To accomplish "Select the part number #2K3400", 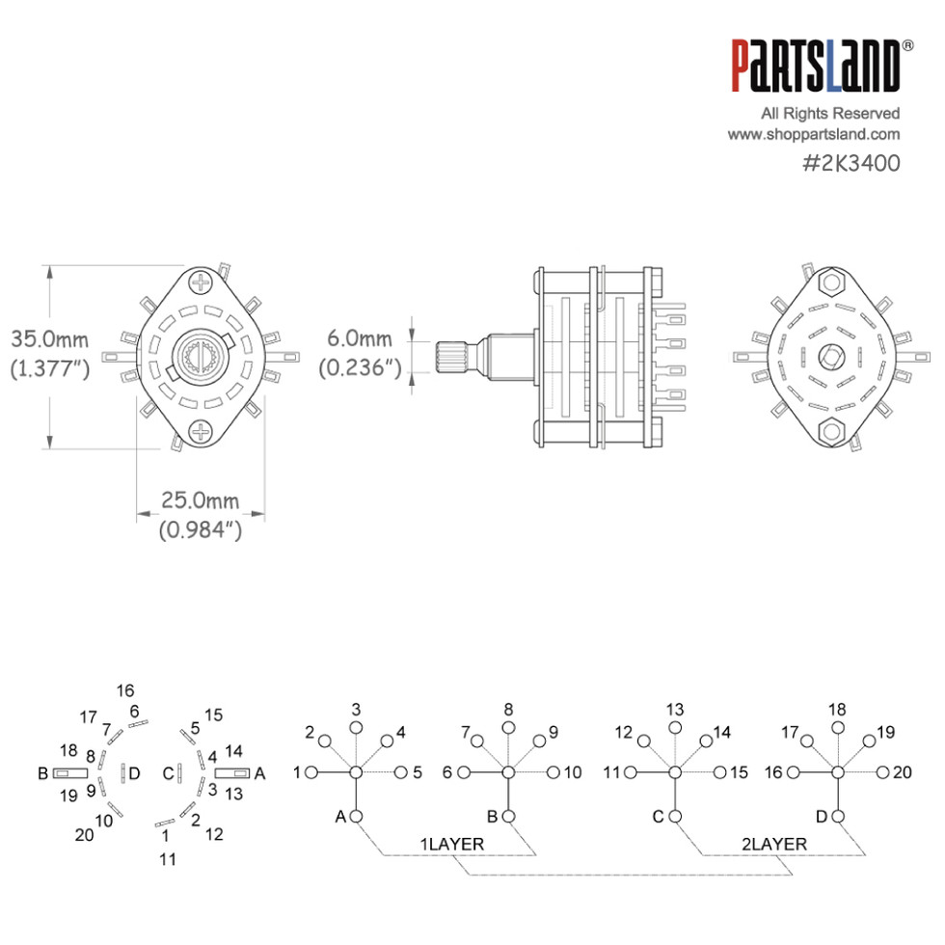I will [850, 163].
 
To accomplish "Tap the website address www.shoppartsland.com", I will [813, 135].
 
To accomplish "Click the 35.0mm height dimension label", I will [49, 339].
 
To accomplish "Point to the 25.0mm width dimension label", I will [200, 499].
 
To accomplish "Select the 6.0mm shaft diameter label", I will [360, 338].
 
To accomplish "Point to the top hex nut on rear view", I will [830, 283].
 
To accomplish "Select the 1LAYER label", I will [452, 844].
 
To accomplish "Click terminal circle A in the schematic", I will [356, 817].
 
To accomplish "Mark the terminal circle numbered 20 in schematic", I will [882, 772].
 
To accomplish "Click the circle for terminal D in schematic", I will [837, 817].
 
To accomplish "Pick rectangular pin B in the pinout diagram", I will [70, 773].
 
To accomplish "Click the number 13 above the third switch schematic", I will [674, 709].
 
